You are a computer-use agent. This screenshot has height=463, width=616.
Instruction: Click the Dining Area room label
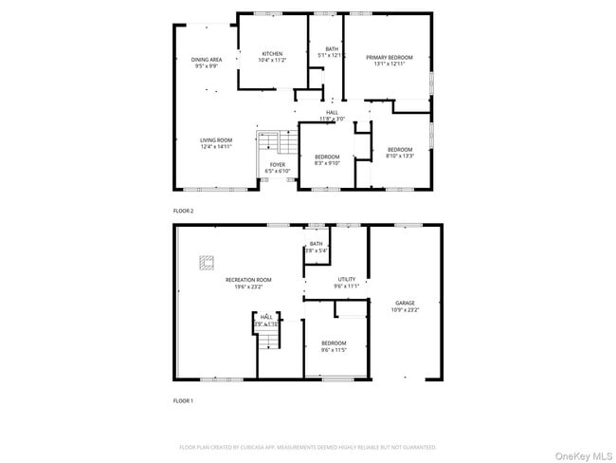tap(207, 62)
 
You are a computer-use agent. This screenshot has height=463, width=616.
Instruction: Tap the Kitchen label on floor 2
tap(272, 57)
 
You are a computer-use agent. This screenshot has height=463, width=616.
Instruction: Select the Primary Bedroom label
tap(390, 61)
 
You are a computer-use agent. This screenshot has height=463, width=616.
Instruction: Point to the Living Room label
tap(216, 143)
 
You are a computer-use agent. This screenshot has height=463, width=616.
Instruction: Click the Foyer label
tap(277, 167)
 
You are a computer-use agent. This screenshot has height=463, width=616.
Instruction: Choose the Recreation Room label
tap(248, 283)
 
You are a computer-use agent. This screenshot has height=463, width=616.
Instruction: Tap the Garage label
tap(405, 306)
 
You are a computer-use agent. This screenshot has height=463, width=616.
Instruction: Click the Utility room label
tap(346, 282)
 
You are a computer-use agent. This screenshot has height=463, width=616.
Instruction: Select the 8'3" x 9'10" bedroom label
tap(327, 159)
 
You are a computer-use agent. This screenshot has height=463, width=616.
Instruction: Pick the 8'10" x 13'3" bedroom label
tap(399, 153)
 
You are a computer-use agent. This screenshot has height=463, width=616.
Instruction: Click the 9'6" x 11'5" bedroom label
tap(333, 346)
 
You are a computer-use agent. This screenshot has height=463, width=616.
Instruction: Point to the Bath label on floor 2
tap(332, 52)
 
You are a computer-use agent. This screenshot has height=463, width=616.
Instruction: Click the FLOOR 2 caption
tap(183, 211)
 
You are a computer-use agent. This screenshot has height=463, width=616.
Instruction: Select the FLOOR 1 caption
tap(183, 401)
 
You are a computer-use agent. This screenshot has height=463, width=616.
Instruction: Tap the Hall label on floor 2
tap(332, 115)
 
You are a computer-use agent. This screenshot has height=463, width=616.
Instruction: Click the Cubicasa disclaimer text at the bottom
tap(307, 447)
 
